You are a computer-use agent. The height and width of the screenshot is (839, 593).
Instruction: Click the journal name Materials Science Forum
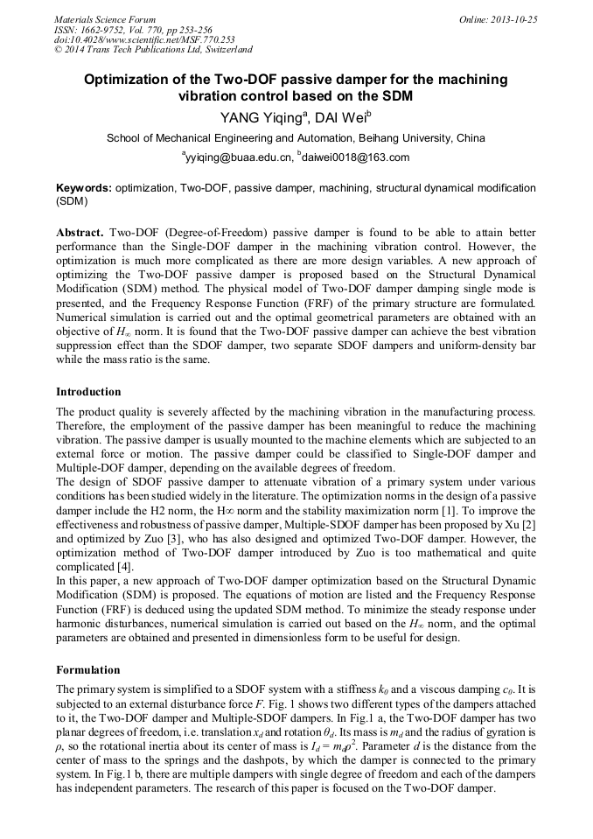(105, 19)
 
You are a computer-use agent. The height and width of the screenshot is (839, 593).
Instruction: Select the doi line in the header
(144, 39)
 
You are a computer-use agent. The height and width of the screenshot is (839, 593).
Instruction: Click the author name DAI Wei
(328, 117)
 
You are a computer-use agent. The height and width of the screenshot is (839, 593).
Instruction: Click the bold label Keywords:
(84, 188)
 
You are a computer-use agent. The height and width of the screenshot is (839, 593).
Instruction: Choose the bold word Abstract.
(80, 235)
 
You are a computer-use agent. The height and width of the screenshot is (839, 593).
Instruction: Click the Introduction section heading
(88, 392)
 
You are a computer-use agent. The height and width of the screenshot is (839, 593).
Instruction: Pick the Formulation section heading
(87, 670)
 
